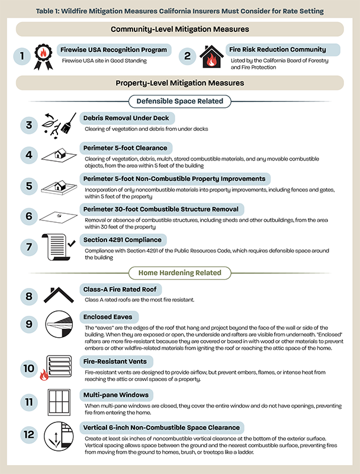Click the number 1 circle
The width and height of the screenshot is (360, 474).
coord(22,56)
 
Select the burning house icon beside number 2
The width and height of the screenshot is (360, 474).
coord(211,57)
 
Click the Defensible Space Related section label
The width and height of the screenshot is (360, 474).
coord(179,101)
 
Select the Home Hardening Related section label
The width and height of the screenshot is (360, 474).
coord(179,273)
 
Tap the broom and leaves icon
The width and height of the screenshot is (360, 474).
coord(60,125)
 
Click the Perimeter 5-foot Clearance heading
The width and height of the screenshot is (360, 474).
coord(125,147)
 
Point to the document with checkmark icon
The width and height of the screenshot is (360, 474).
coord(59,247)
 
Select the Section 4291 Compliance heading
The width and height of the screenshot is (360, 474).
coord(123,240)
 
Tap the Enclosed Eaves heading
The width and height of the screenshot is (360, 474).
coord(106,318)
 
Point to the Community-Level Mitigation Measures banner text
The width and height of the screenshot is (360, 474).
coord(179,29)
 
